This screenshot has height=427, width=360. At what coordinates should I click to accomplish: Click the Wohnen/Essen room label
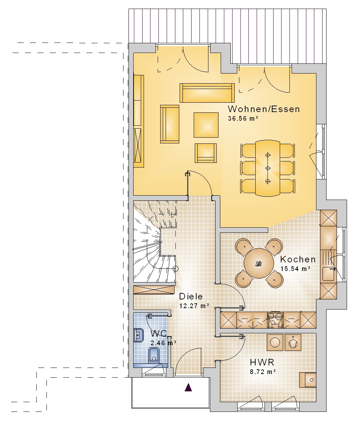(264, 109)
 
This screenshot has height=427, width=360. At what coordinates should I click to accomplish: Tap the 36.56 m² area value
(243, 119)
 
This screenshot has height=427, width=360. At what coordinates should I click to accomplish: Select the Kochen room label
(298, 259)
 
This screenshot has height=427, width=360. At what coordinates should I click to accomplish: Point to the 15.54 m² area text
(296, 269)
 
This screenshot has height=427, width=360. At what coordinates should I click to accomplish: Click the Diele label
(191, 296)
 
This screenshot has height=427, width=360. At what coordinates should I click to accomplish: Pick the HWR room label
(262, 362)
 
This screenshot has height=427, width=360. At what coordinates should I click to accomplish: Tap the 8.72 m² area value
(263, 372)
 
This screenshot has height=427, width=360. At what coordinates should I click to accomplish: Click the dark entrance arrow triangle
(188, 387)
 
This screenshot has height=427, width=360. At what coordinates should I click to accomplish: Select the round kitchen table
(259, 263)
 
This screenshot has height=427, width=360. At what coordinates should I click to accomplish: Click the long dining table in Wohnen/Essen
(268, 168)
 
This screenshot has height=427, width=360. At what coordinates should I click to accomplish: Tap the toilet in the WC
(154, 355)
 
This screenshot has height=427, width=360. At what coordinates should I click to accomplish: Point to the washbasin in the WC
(139, 335)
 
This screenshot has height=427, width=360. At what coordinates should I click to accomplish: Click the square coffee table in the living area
(206, 125)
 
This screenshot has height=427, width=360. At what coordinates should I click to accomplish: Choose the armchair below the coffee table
(206, 153)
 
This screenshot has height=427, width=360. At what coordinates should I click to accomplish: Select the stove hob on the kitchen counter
(275, 320)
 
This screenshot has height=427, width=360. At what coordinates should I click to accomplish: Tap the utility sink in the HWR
(308, 380)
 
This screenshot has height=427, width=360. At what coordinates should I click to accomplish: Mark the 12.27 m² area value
(194, 306)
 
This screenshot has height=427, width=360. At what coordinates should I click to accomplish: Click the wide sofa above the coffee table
(207, 93)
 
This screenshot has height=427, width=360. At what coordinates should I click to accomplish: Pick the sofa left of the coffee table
(170, 124)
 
